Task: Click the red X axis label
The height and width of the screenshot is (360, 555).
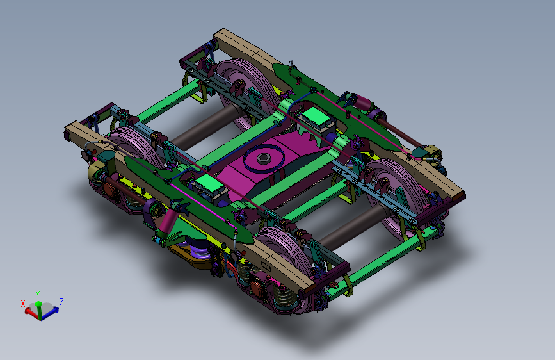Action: pos(23,304)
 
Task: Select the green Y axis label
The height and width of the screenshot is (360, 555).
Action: pos(38,295)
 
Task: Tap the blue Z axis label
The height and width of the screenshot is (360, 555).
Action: pos(61,302)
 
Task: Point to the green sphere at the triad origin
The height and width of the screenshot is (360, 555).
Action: pos(38,304)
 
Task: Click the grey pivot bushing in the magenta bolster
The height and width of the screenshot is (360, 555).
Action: pos(264,158)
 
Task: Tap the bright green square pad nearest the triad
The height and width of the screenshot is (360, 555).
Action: pos(209,183)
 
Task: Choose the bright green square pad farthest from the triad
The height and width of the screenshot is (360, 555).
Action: pos(316,115)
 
